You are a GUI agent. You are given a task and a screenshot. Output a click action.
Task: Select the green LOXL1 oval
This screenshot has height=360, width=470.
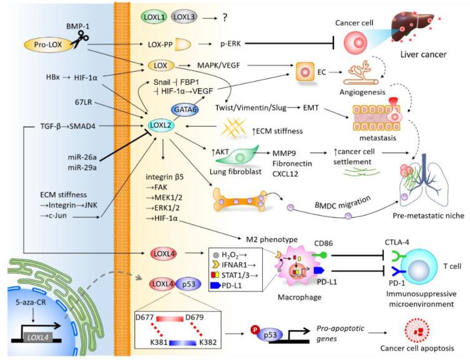click(154, 14)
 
